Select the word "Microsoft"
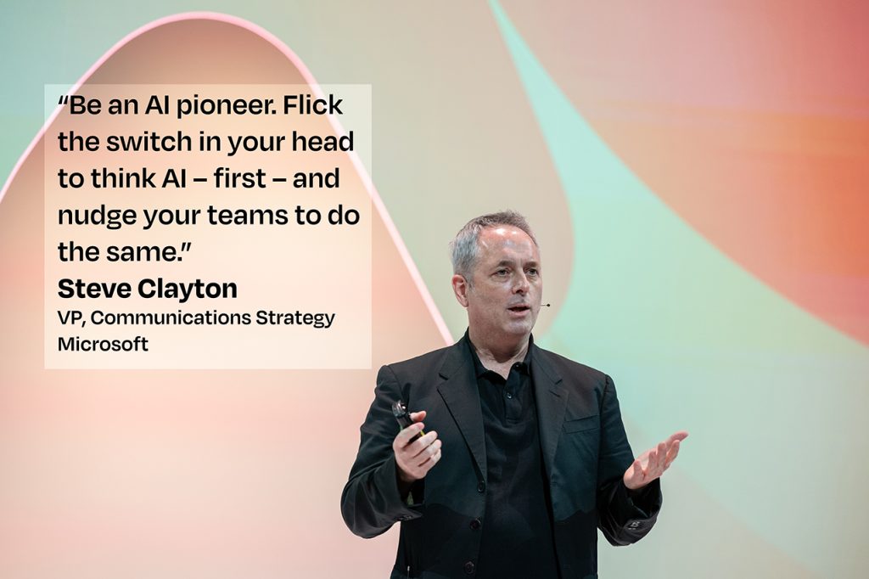(x=103, y=344)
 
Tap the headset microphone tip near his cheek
(x=547, y=305)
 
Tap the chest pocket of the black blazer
(x=581, y=425)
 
